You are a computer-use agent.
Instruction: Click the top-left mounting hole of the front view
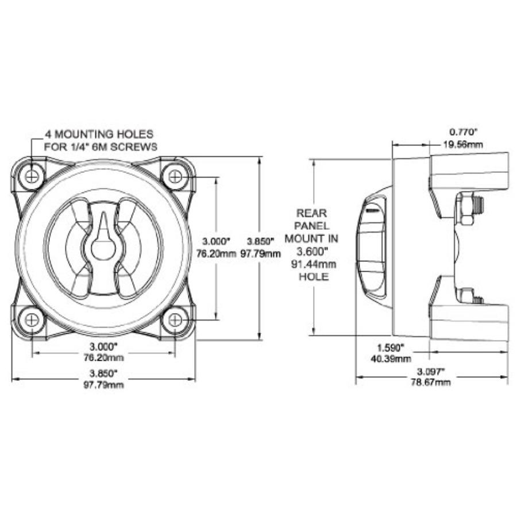click(32, 176)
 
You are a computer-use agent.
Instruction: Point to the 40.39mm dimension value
click(391, 359)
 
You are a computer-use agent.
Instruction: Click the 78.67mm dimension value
click(431, 383)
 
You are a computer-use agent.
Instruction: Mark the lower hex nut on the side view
click(466, 296)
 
